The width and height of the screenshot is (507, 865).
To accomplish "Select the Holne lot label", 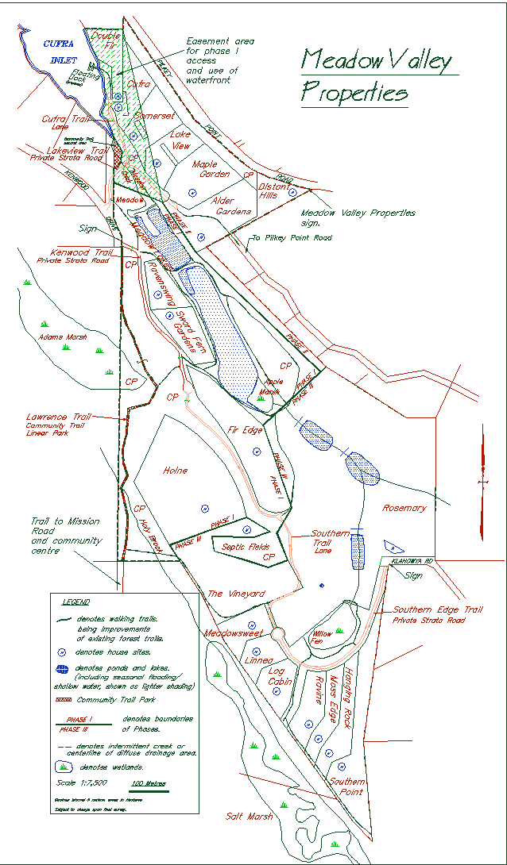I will [x=175, y=471].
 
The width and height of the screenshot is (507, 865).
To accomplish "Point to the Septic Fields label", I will [x=246, y=547].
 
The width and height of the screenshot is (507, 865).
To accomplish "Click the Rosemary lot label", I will [x=404, y=508].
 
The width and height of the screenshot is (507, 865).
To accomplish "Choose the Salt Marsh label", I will [x=249, y=816].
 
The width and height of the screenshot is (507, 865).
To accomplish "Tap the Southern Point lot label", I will [x=347, y=786].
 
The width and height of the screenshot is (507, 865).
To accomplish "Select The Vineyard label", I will [x=236, y=594].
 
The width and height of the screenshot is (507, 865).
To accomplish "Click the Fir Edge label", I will [x=246, y=429].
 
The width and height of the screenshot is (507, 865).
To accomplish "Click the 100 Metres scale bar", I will [x=149, y=783].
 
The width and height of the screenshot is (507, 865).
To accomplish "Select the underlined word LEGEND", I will [x=75, y=602].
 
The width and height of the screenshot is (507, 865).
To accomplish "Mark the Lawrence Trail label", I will [x=58, y=417].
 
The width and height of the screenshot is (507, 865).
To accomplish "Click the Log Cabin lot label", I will [x=280, y=675].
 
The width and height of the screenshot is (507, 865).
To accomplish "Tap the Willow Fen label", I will [x=322, y=638].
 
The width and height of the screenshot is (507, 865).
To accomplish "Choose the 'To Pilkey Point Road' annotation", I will [x=291, y=237].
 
